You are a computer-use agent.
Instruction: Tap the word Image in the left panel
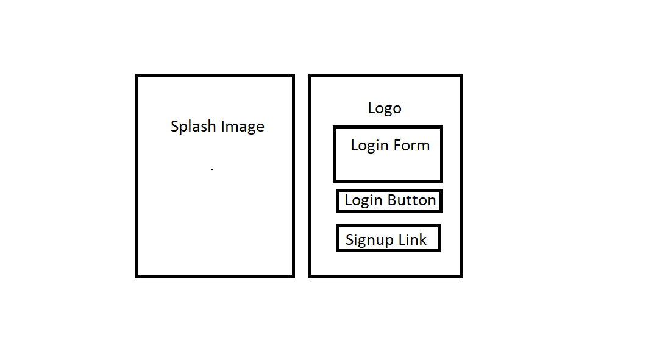(x=243, y=127)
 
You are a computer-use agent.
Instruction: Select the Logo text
(x=385, y=108)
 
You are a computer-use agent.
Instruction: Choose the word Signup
(x=369, y=240)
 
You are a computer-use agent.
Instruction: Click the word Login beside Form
(x=369, y=146)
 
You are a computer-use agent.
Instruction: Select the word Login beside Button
(x=363, y=200)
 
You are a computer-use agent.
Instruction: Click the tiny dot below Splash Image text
(x=212, y=169)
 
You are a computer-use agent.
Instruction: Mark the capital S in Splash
(x=175, y=127)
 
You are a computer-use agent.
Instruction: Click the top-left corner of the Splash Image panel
(x=137, y=76)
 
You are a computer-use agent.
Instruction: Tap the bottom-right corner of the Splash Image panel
(x=293, y=276)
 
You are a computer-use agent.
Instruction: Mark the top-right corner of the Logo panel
(x=461, y=76)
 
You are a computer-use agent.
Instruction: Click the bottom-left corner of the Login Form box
(x=335, y=181)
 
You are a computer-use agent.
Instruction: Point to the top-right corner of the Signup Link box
(x=439, y=225)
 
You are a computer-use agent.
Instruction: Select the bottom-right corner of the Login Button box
(x=440, y=211)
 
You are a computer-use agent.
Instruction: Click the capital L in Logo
(x=371, y=108)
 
